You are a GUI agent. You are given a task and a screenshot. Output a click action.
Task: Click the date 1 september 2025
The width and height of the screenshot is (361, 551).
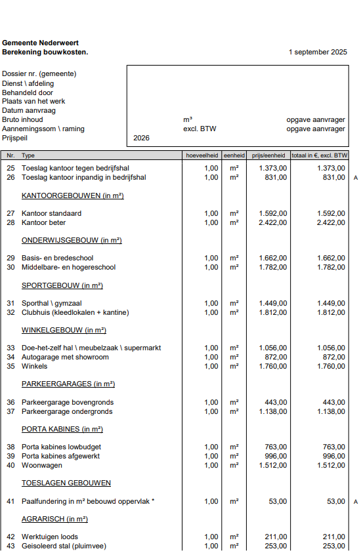318,52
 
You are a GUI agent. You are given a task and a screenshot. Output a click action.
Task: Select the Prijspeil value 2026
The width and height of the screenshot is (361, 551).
141,138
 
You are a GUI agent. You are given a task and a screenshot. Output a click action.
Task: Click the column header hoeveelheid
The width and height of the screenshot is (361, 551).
202,155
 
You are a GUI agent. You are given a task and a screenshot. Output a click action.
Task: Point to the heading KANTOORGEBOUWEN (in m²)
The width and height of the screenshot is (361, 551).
73,195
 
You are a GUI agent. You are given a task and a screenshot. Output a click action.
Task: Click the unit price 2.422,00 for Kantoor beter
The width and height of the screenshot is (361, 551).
272,222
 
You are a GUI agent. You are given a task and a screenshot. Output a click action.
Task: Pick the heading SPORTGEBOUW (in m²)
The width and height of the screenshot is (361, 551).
62,285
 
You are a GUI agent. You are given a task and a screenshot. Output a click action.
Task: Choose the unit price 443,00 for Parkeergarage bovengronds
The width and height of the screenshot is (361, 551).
276,402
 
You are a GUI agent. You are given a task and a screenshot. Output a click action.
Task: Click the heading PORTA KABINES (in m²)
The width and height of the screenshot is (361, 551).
62,429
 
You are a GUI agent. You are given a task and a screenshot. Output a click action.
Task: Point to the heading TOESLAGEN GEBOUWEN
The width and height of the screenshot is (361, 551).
66,483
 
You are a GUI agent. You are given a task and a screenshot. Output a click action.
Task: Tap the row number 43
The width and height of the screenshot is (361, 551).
11,546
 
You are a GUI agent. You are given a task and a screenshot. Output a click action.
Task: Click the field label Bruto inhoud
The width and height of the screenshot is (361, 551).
22,120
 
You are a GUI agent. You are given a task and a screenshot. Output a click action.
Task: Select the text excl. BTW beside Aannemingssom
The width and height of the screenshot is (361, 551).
200,129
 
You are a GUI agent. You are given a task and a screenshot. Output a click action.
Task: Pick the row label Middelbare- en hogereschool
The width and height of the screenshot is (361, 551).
68,267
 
